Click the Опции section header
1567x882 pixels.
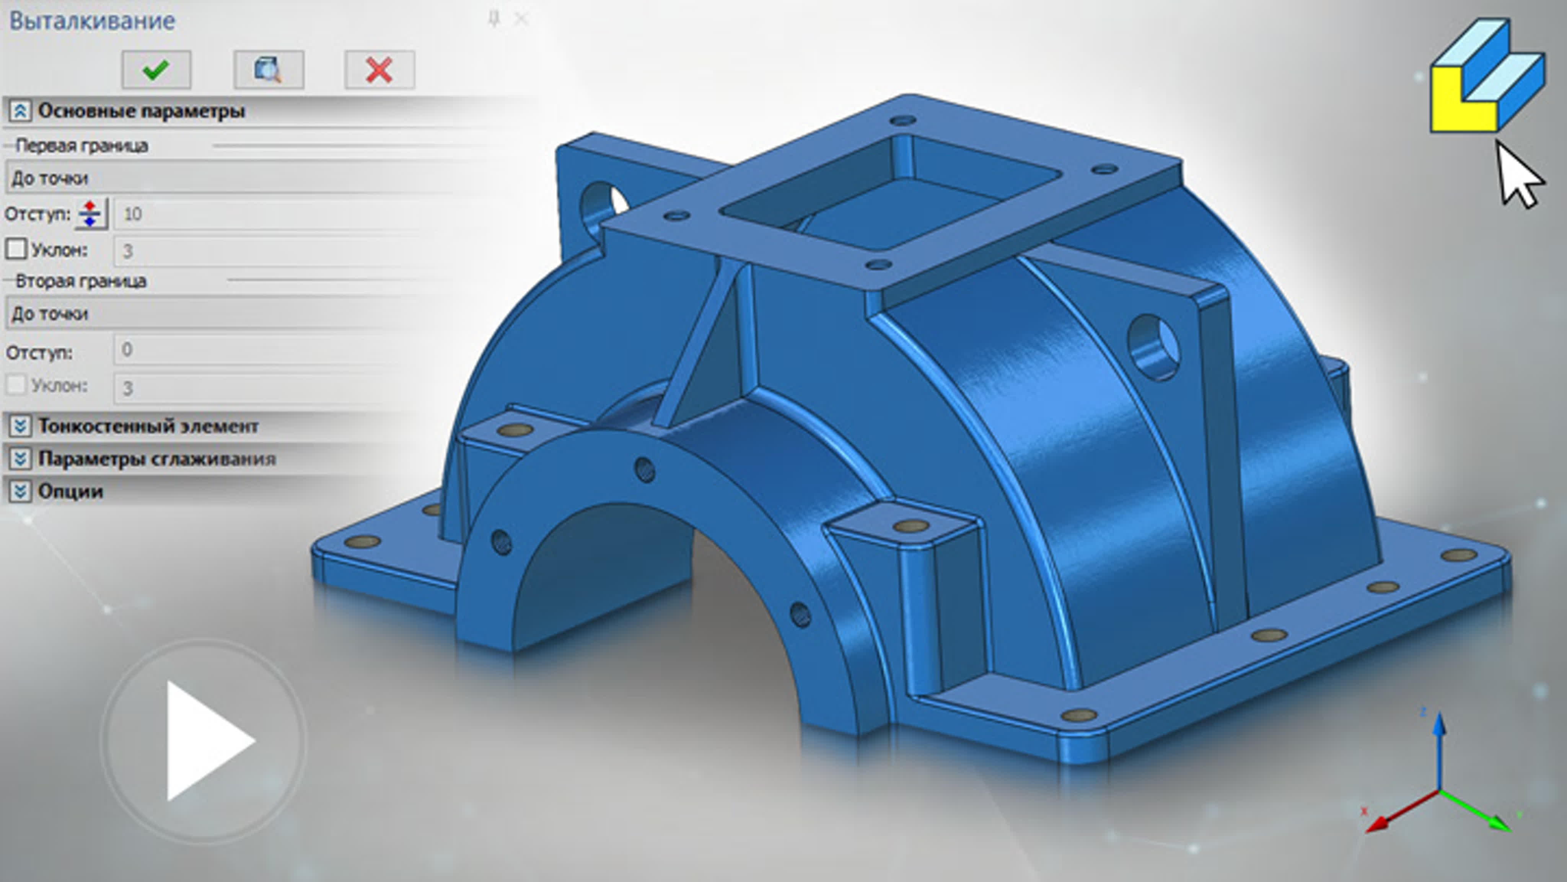[70, 491]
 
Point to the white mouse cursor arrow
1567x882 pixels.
[1517, 176]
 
